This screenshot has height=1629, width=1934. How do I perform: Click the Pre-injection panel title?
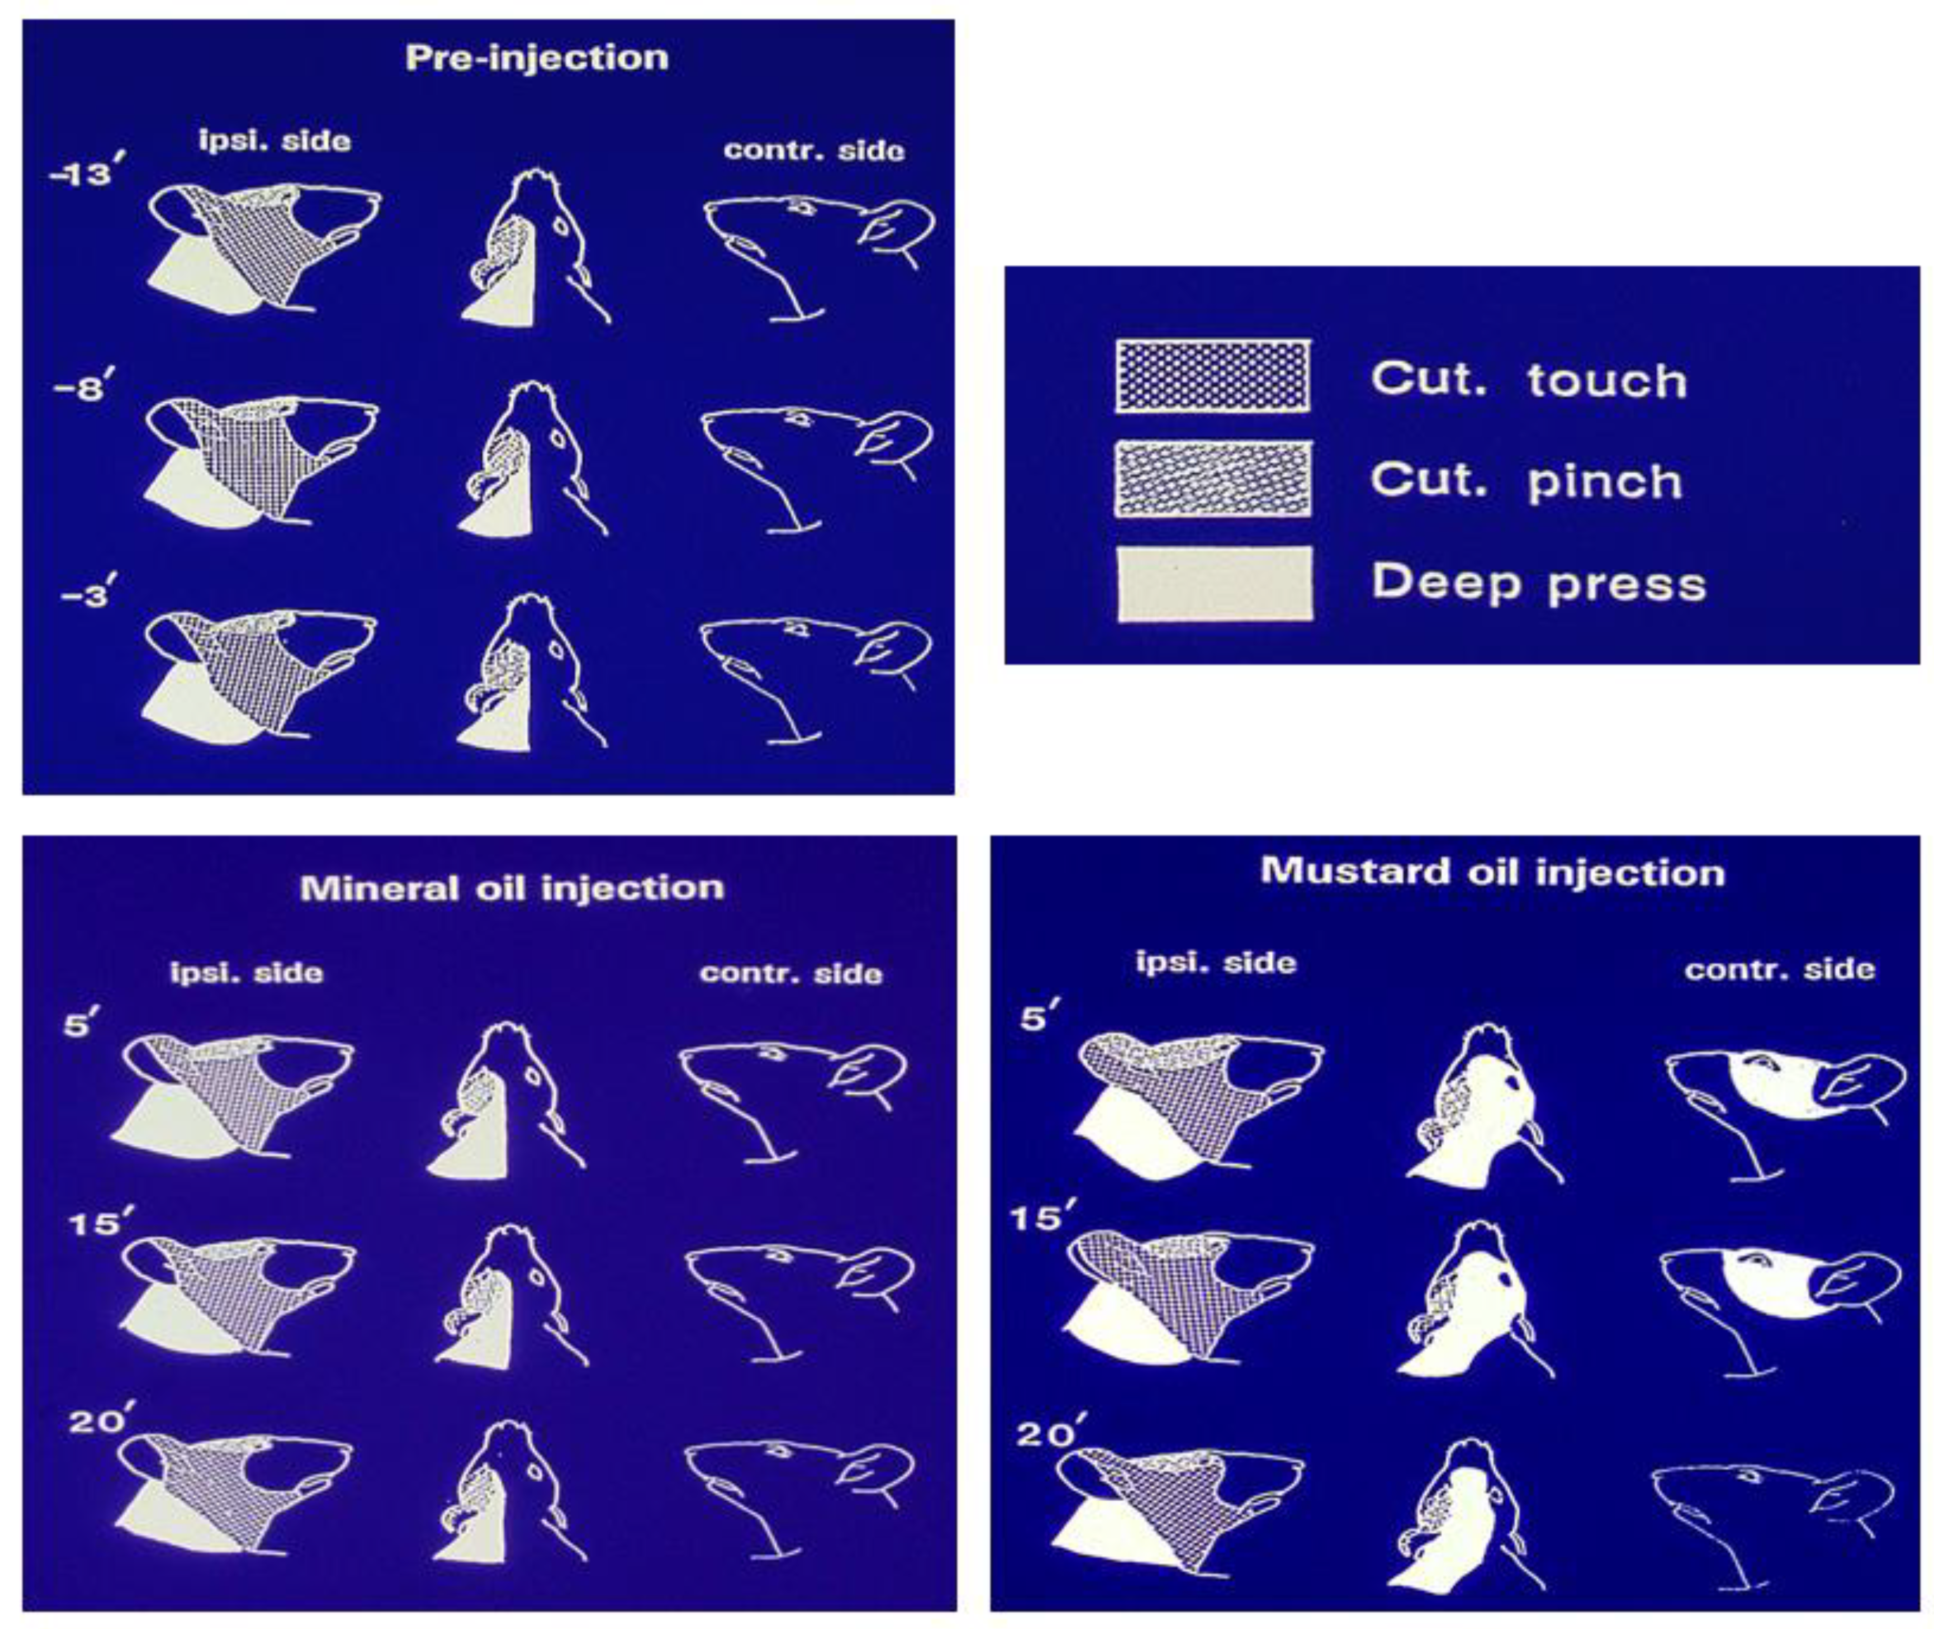pos(536,58)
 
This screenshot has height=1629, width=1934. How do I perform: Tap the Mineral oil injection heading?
pos(512,888)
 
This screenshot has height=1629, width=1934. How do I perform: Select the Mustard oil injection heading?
pos(1493,872)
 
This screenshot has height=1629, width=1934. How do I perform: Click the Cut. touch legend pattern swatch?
pos(1213,376)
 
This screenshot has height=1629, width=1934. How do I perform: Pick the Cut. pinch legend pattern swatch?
pos(1213,478)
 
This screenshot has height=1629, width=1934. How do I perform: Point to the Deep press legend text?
pos(1538,583)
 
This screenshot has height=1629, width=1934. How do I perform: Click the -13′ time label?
pos(85,172)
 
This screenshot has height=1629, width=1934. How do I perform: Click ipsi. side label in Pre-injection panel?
pos(275,140)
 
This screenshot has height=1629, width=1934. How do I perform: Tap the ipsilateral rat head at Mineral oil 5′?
pos(233,1097)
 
